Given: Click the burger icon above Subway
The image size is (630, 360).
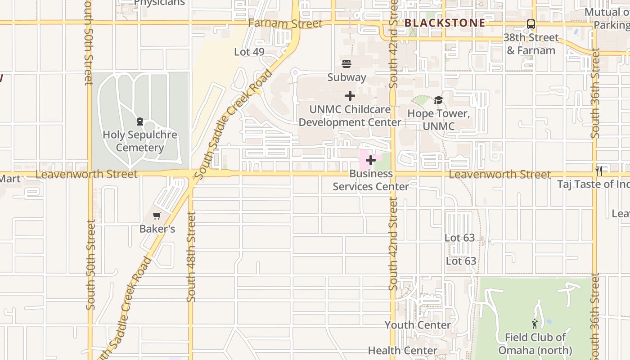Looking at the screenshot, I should pyautogui.click(x=346, y=63).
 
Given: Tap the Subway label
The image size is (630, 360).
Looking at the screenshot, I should pyautogui.click(x=346, y=77).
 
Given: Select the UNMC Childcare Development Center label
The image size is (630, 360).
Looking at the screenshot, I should pyautogui.click(x=350, y=116).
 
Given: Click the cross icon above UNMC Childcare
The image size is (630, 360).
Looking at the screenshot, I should pyautogui.click(x=350, y=96).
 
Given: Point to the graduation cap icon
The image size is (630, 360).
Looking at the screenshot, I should pyautogui.click(x=438, y=100).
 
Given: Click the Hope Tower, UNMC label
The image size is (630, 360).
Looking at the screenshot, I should pyautogui.click(x=439, y=120).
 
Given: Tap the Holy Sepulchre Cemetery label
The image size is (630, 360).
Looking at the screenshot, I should pyautogui.click(x=140, y=141).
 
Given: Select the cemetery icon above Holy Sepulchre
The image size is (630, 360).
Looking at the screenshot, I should pyautogui.click(x=139, y=121).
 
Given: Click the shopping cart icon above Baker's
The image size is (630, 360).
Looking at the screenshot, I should pyautogui.click(x=157, y=216).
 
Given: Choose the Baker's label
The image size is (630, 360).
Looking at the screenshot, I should pyautogui.click(x=157, y=229).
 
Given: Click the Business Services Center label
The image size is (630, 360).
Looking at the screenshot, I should pyautogui.click(x=371, y=180).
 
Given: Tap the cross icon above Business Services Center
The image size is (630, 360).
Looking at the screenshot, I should pyautogui.click(x=370, y=160).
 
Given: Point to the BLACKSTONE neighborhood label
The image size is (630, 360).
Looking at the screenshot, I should pyautogui.click(x=445, y=23).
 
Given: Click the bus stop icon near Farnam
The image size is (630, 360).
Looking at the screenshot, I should pyautogui.click(x=531, y=24).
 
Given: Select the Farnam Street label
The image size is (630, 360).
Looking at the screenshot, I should pyautogui.click(x=285, y=23).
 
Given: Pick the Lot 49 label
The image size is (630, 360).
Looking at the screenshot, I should pyautogui.click(x=249, y=52).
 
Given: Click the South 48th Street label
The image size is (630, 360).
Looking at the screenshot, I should pyautogui.click(x=191, y=256).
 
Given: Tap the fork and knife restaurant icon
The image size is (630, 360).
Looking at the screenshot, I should pyautogui.click(x=599, y=171).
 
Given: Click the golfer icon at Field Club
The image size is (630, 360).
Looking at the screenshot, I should pyautogui.click(x=535, y=324).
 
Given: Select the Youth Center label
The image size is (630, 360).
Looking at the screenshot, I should pyautogui.click(x=417, y=325).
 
